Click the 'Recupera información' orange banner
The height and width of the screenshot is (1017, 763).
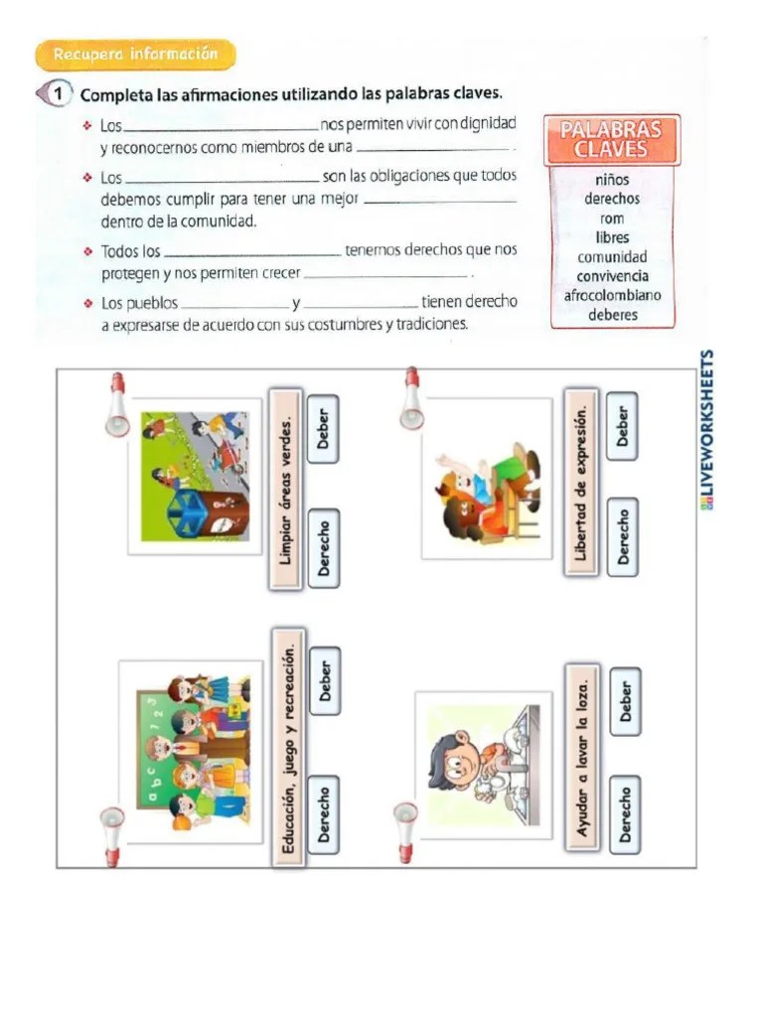135,55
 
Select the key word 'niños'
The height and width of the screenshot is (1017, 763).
611,181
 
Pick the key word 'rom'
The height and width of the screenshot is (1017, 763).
612,218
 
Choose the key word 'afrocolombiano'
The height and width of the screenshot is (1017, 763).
612,296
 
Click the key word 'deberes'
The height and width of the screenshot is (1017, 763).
612,315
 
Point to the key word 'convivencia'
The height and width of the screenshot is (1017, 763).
612,276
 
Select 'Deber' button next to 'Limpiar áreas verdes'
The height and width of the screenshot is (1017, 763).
323,429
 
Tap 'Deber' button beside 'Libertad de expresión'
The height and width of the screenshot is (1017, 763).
623,426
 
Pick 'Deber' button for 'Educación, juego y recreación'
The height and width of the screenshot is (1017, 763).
324,680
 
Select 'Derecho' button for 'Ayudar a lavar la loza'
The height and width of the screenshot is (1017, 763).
625,814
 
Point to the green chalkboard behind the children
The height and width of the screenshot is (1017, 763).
149,755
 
